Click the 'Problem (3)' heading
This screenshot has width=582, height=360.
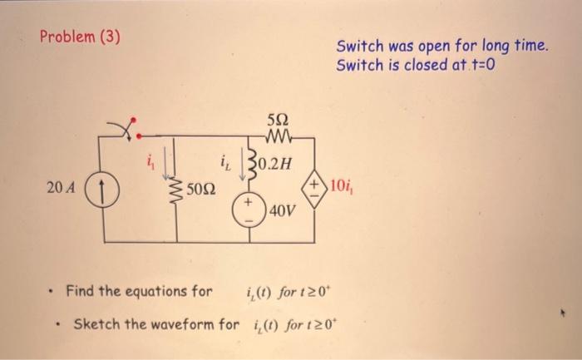pos(80,37)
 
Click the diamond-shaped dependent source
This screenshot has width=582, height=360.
pos(315,184)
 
